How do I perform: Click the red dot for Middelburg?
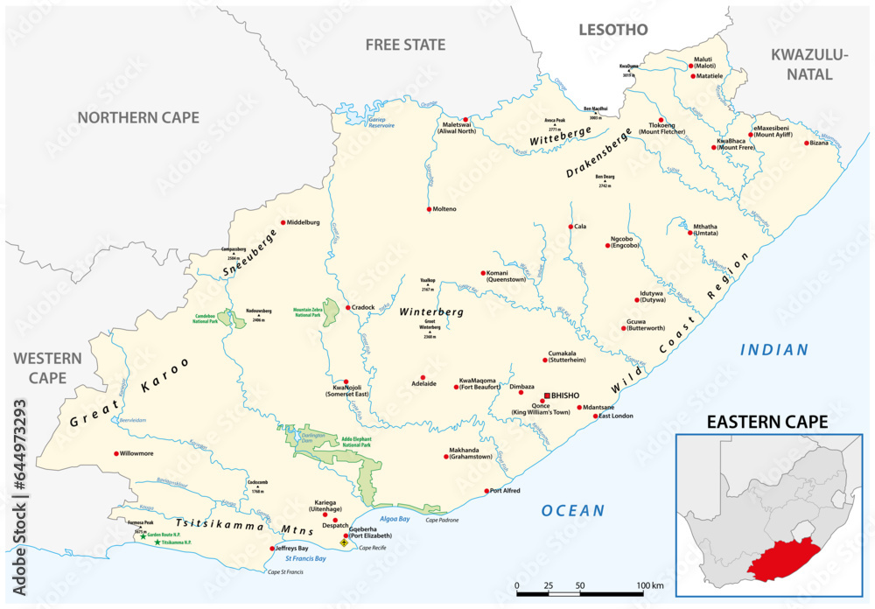(283, 222)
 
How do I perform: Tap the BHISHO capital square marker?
(546, 395)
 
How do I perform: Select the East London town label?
(615, 416)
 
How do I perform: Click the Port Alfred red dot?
(486, 491)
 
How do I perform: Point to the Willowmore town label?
(143, 453)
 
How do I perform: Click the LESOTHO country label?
(612, 30)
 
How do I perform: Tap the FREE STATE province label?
(405, 45)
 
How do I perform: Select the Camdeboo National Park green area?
(232, 318)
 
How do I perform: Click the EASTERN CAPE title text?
(767, 422)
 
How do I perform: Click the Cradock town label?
(363, 307)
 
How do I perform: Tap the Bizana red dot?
(807, 143)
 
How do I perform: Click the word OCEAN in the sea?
(572, 510)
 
